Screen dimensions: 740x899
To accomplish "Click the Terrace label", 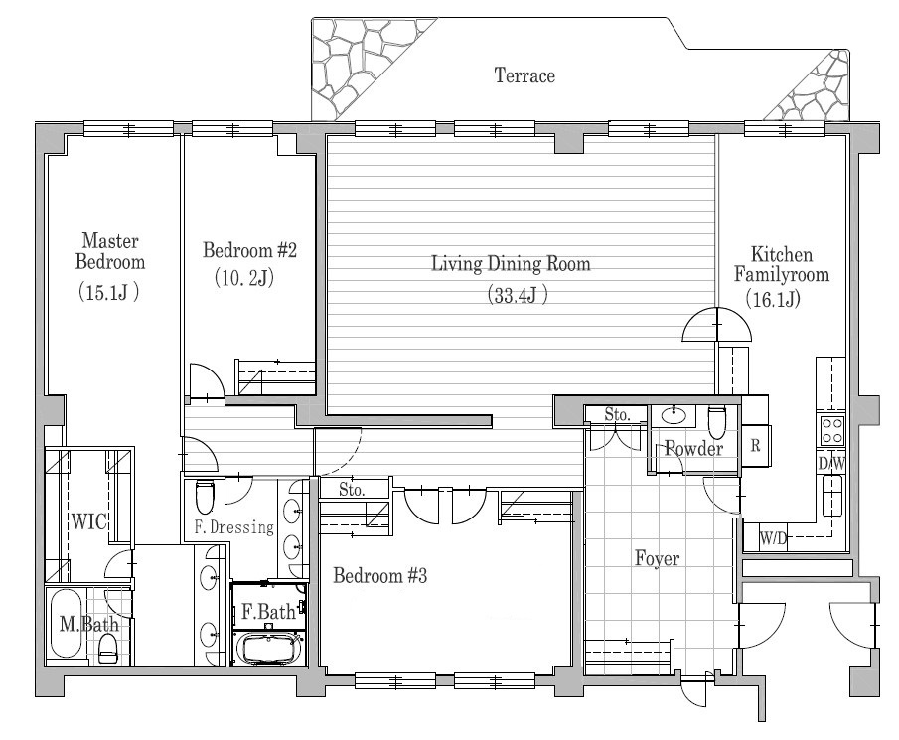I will (524, 76).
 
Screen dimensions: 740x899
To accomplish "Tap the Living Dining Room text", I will (511, 264).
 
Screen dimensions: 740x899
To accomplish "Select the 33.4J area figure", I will (517, 295).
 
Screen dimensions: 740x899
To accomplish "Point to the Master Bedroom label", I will (109, 251).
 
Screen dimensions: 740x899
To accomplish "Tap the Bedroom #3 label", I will (379, 575).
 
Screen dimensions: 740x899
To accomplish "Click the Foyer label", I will (657, 559).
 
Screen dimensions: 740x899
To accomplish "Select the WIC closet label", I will (87, 521).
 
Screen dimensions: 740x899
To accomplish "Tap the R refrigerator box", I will (755, 446).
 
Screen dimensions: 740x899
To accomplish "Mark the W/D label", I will (774, 539).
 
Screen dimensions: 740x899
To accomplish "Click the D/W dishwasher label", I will (830, 464).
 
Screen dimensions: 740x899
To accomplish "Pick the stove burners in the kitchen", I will (830, 430).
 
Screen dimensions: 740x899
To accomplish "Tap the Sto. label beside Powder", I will (617, 414).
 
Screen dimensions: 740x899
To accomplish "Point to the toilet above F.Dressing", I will (205, 494).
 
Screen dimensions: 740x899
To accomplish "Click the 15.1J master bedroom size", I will (108, 293).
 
